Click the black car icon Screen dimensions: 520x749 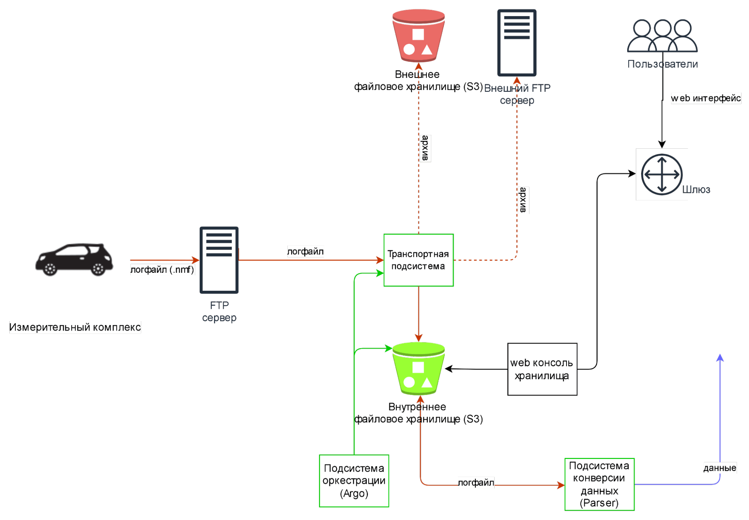(x=75, y=259)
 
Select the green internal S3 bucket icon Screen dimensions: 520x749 (x=418, y=369)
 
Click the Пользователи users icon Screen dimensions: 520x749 (x=662, y=36)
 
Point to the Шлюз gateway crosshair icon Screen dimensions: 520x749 (x=662, y=175)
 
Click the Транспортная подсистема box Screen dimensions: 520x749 (x=419, y=260)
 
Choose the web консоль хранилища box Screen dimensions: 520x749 (x=542, y=369)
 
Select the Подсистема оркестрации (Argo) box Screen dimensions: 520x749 (x=354, y=481)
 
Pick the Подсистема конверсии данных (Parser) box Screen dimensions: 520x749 (x=599, y=484)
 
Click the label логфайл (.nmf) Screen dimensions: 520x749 (x=162, y=270)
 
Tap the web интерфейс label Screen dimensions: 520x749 (x=706, y=98)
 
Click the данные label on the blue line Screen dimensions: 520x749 (x=720, y=468)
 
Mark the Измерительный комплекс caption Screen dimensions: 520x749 (x=75, y=327)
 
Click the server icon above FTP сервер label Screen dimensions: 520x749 (x=219, y=260)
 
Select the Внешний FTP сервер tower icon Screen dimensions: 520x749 (x=517, y=43)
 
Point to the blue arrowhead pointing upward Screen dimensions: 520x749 (x=720, y=358)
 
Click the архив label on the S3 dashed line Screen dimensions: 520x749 (x=425, y=148)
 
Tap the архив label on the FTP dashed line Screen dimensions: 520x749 (x=523, y=200)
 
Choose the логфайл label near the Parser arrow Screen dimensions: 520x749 (x=476, y=483)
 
